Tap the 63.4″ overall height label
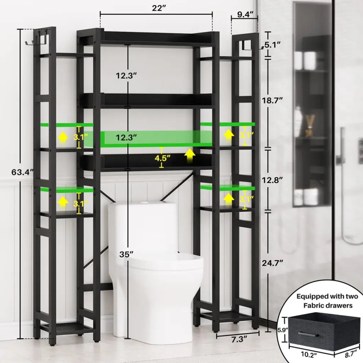coord(23,172)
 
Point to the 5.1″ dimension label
coord(273,45)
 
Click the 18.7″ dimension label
coord(273,100)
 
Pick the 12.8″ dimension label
coord(273,180)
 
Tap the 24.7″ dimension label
coord(273,263)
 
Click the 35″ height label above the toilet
coord(127,255)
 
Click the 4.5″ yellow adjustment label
coord(163,158)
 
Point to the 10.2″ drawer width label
coord(309,355)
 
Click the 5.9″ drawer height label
coord(283,330)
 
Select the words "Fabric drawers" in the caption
coord(328,306)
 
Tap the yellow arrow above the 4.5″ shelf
coord(190,156)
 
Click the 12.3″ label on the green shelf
coord(127,138)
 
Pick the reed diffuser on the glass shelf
coord(310,125)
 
